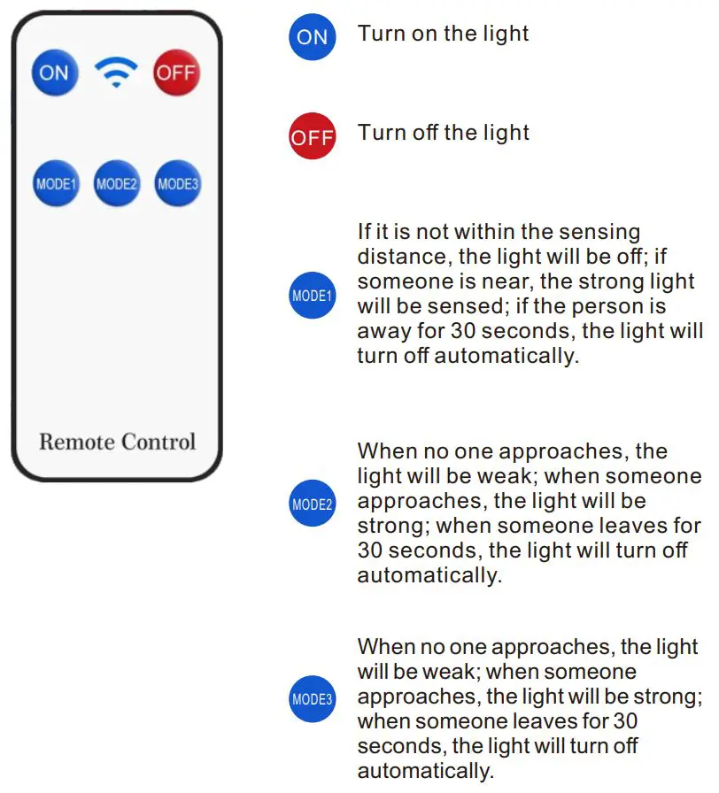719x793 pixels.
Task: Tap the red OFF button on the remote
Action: [x=177, y=73]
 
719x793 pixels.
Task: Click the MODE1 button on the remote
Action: [x=56, y=184]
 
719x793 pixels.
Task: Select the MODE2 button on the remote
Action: [x=117, y=184]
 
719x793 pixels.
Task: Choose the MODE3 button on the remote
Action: [x=177, y=184]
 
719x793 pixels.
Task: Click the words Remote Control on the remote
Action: [x=117, y=441]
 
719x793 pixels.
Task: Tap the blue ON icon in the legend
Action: [x=313, y=37]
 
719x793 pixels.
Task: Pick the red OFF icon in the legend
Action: [x=313, y=137]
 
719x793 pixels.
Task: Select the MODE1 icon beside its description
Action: [x=313, y=296]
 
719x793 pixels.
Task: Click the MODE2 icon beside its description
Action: [x=313, y=504]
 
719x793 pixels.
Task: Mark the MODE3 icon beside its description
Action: [x=313, y=699]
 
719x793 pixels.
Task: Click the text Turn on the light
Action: [x=443, y=34]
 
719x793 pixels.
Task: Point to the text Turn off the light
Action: [x=443, y=133]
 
